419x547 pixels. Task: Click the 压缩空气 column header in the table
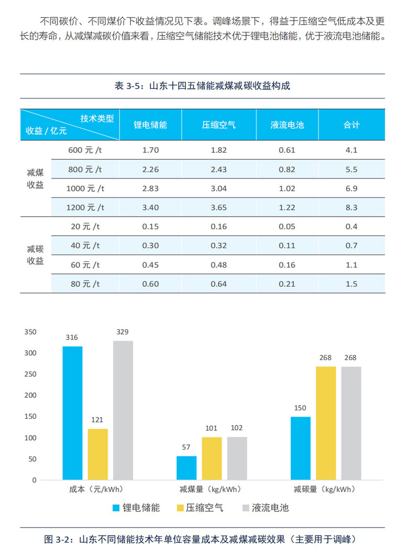pyautogui.click(x=219, y=125)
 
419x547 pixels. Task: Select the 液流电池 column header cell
pyautogui.click(x=287, y=125)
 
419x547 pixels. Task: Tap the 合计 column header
pyautogui.click(x=351, y=125)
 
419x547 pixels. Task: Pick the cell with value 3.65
pyautogui.click(x=218, y=207)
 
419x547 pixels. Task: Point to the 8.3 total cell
pyautogui.click(x=351, y=207)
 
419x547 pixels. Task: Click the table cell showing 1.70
pyautogui.click(x=150, y=150)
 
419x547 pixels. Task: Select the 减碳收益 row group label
pyautogui.click(x=36, y=255)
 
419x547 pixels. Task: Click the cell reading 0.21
pyautogui.click(x=287, y=284)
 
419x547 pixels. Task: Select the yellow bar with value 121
pyautogui.click(x=98, y=454)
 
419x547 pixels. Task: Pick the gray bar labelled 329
pyautogui.click(x=123, y=410)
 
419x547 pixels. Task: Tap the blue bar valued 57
pyautogui.click(x=186, y=467)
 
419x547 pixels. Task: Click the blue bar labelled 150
pyautogui.click(x=301, y=448)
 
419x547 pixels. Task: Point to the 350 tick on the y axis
pyautogui.click(x=31, y=332)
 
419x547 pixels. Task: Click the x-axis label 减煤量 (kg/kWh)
pyautogui.click(x=210, y=490)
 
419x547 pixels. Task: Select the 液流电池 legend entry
pyautogui.click(x=266, y=508)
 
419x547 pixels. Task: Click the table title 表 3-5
pyautogui.click(x=202, y=86)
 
